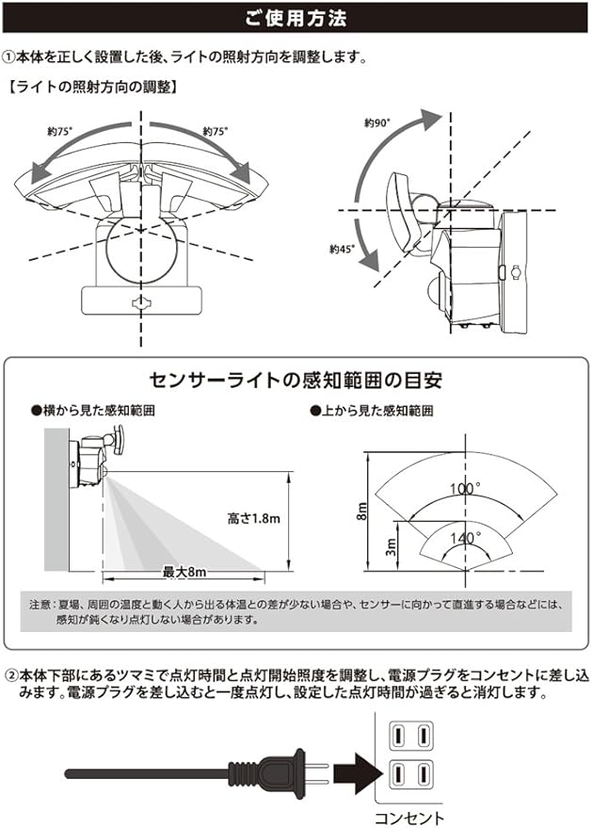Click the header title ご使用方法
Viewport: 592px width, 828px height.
click(x=296, y=17)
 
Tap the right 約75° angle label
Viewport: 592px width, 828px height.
click(x=215, y=132)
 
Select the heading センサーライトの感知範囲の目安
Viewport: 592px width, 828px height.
click(x=296, y=381)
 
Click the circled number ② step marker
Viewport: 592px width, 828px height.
click(x=11, y=674)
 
